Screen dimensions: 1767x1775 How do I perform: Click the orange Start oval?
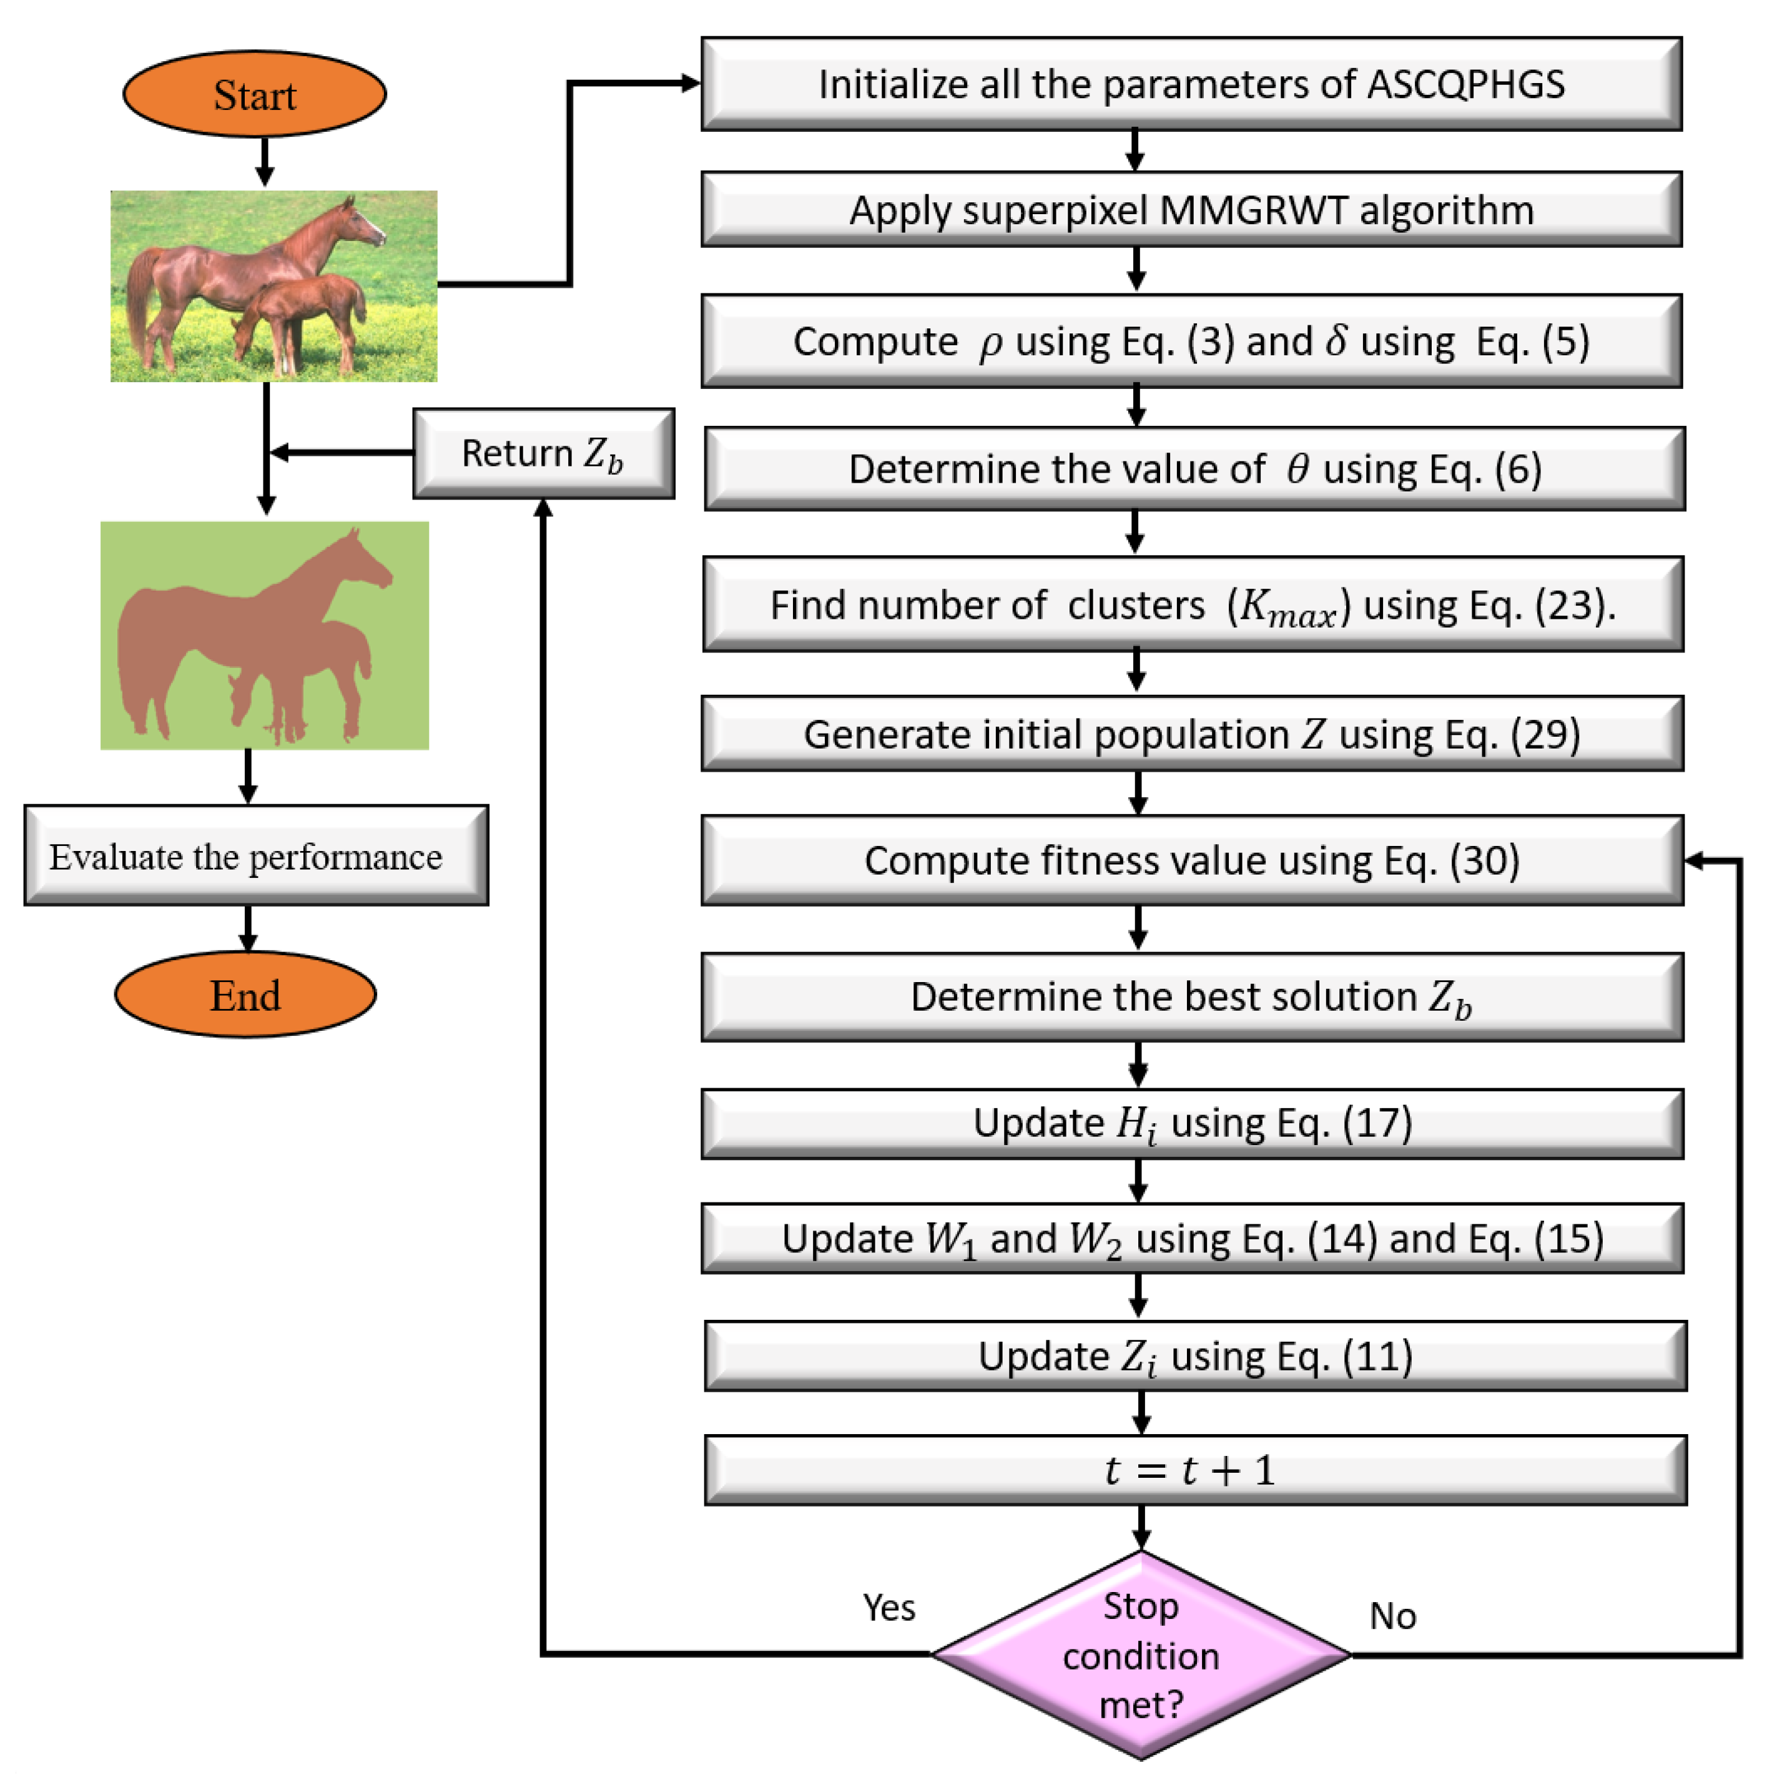[255, 94]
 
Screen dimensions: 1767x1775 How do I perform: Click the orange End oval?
[245, 995]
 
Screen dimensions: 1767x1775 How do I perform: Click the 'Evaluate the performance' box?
[257, 855]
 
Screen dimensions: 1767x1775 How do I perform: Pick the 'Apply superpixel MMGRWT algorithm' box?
[1192, 210]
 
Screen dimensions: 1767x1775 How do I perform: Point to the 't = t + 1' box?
[1196, 1470]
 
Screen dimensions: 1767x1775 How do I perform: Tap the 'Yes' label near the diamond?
[888, 1608]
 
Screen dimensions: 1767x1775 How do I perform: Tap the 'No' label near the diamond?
[1393, 1616]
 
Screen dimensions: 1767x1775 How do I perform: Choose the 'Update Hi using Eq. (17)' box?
[1193, 1124]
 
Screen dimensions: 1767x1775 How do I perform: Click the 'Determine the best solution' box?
[1193, 997]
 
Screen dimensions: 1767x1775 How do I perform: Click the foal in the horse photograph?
[298, 322]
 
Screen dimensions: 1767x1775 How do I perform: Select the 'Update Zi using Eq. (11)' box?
[1196, 1356]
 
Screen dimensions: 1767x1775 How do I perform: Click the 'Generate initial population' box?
[1193, 734]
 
